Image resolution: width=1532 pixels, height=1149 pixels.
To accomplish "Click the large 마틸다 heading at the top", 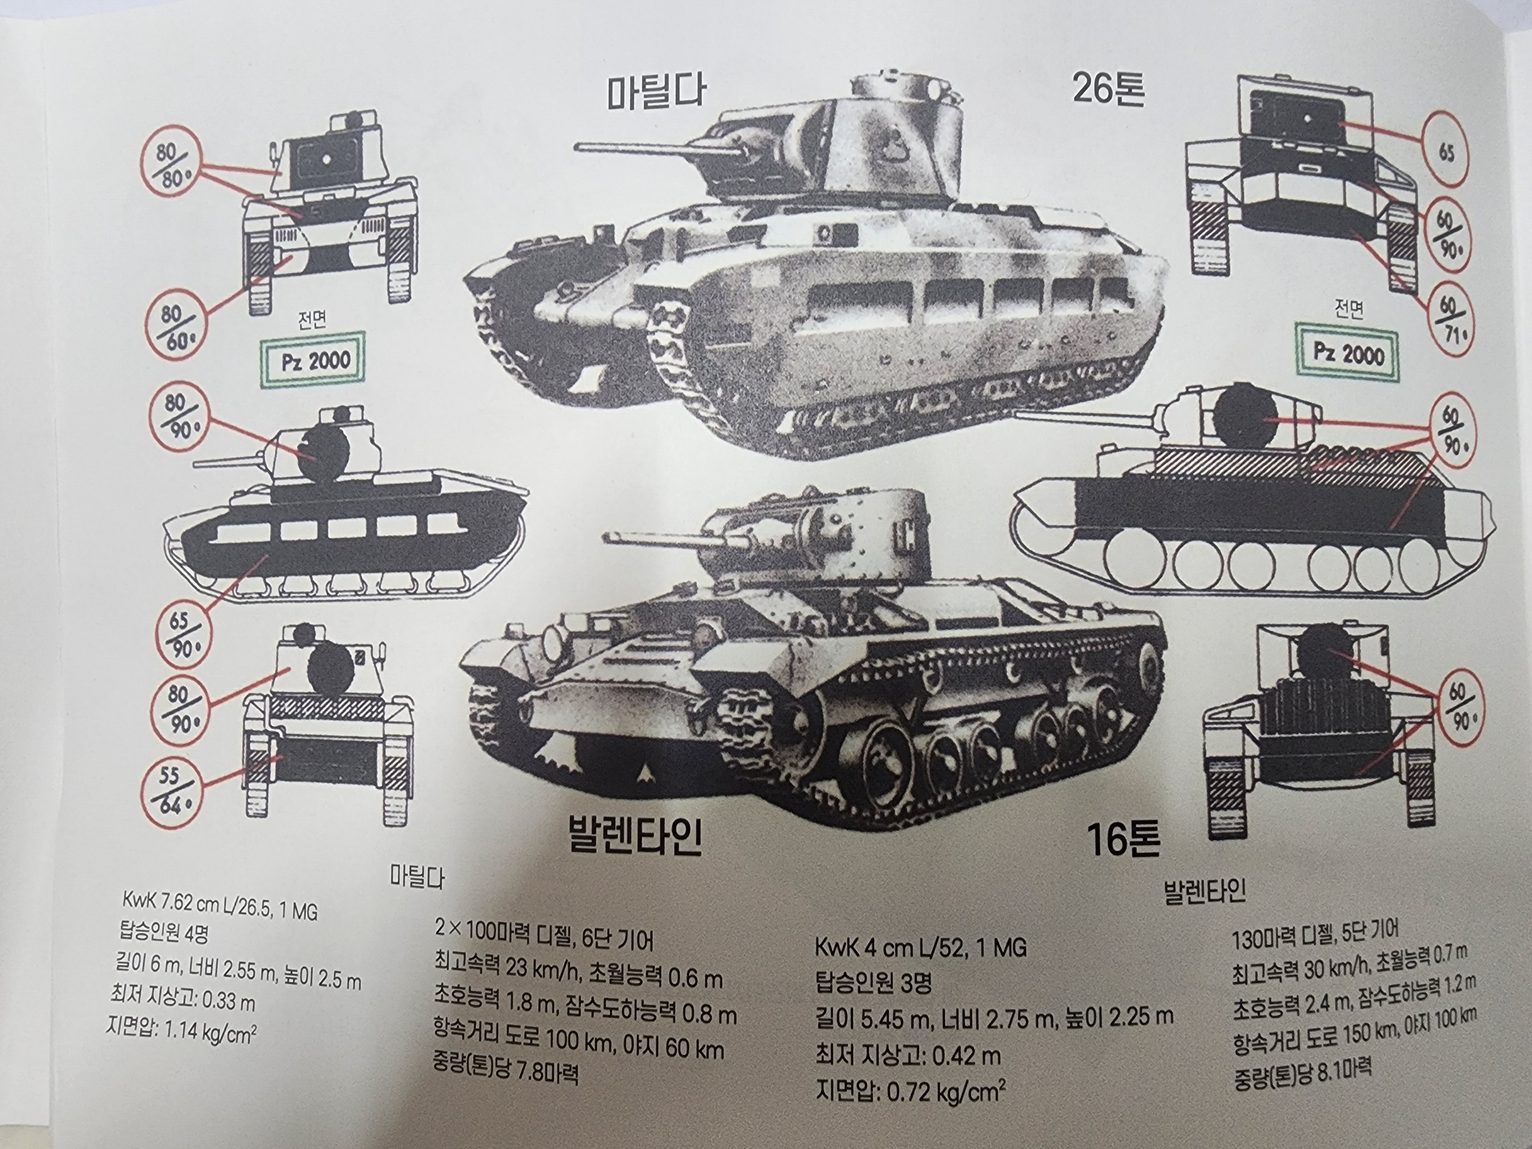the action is click(x=656, y=93).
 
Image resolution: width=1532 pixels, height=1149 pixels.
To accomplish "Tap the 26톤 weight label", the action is click(x=1108, y=88).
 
